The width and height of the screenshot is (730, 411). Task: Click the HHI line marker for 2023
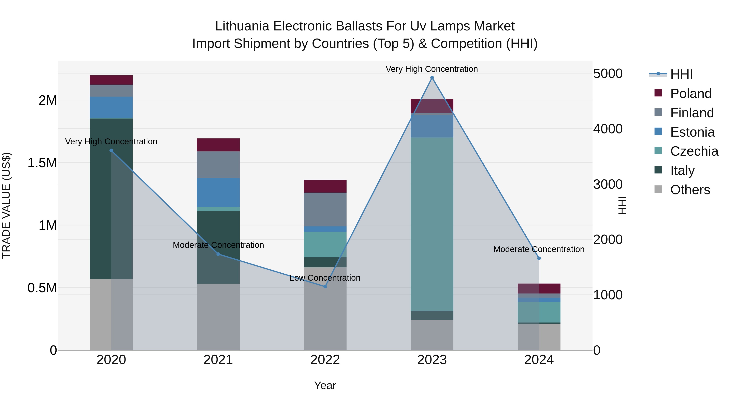[432, 78]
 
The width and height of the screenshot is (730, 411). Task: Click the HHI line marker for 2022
[325, 286]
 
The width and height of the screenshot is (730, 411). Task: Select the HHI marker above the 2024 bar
[539, 258]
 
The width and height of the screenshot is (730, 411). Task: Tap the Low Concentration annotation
[325, 278]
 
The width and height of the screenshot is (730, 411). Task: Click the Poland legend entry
[691, 94]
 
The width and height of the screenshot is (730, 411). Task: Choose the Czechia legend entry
[694, 151]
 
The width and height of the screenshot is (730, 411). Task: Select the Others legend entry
[690, 190]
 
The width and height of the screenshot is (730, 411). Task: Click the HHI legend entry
[681, 74]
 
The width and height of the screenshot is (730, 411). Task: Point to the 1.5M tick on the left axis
[42, 163]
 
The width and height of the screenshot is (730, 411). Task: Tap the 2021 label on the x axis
[218, 360]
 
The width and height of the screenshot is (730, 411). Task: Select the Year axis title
[325, 385]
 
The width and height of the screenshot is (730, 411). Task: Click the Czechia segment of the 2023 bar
[432, 224]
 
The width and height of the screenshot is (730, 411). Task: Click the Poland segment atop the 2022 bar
[325, 186]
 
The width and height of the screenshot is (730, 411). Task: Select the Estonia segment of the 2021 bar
[218, 193]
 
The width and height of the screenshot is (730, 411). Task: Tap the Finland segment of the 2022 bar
[325, 209]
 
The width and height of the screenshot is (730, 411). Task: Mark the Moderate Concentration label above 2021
[218, 245]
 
